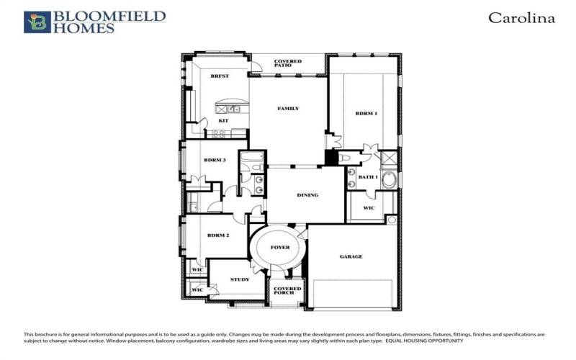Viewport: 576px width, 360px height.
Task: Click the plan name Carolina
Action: click(521, 18)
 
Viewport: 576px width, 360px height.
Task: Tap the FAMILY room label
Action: click(288, 109)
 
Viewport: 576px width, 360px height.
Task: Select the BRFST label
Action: click(219, 76)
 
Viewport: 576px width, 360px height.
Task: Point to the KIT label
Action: click(223, 120)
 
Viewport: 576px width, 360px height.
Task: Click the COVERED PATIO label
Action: click(288, 63)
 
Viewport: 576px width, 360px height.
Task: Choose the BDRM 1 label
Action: click(366, 114)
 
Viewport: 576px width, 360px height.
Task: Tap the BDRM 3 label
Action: click(215, 160)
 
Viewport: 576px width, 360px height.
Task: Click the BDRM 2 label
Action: click(217, 235)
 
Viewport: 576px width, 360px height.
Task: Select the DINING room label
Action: click(307, 195)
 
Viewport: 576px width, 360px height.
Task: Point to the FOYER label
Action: click(280, 248)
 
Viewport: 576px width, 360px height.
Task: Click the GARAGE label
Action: click(351, 256)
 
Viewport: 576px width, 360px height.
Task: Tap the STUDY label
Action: click(240, 279)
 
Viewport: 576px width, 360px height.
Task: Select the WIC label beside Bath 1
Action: click(369, 208)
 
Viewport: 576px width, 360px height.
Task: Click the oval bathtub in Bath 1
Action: click(389, 179)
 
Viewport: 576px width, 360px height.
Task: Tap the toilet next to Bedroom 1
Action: click(344, 158)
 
